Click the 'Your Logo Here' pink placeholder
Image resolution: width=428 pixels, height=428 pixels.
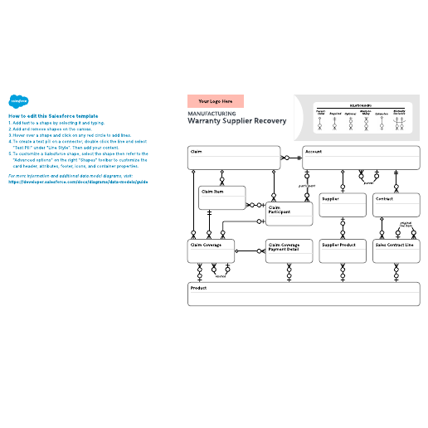pos(215,101)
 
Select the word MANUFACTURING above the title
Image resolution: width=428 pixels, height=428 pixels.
pos(212,113)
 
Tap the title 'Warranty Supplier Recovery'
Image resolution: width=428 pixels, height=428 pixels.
pos(236,121)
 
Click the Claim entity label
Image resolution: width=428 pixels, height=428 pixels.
pos(197,152)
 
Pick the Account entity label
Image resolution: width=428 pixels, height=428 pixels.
pos(313,152)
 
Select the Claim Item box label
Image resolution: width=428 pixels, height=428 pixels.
pos(212,191)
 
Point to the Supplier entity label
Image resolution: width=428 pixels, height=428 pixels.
pos(330,199)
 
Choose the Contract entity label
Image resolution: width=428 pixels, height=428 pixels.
pos(384,199)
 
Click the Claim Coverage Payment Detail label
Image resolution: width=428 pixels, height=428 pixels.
pos(284,246)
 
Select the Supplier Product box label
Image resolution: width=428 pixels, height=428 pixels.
pos(338,245)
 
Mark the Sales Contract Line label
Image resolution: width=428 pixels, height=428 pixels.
pos(394,245)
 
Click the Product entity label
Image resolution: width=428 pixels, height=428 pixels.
pos(198,287)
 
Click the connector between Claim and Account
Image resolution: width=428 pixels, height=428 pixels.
pos(291,157)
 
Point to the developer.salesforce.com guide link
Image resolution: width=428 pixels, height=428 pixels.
pos(78,182)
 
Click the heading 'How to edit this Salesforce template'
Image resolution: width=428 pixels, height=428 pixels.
pos(53,115)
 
